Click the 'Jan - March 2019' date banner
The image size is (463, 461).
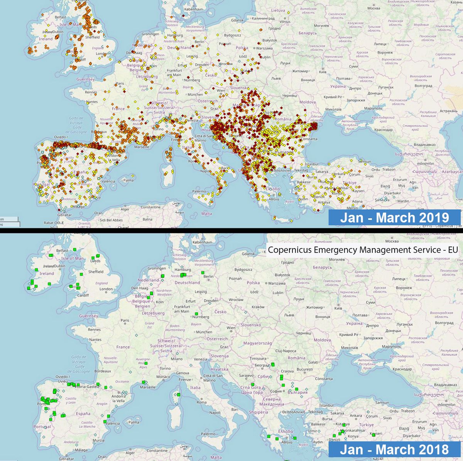coord(394,218)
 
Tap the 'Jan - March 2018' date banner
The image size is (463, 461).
coord(394,449)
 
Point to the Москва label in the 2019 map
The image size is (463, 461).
coord(373,8)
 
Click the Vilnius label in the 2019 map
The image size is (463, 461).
coord(285,22)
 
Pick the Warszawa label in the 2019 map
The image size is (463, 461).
coord(264,48)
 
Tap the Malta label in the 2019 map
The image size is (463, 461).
coord(206,214)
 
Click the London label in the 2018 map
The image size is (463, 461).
coord(106,289)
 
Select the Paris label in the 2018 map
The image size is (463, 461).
coord(125,320)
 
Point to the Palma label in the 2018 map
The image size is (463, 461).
coord(133,422)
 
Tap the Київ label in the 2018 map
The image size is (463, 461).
coord(338,308)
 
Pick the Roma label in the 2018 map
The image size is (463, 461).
coord(201,402)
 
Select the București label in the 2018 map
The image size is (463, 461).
coord(305,369)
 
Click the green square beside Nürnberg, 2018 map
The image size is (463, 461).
coord(196,314)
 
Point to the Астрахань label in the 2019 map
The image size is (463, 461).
coord(448,111)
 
